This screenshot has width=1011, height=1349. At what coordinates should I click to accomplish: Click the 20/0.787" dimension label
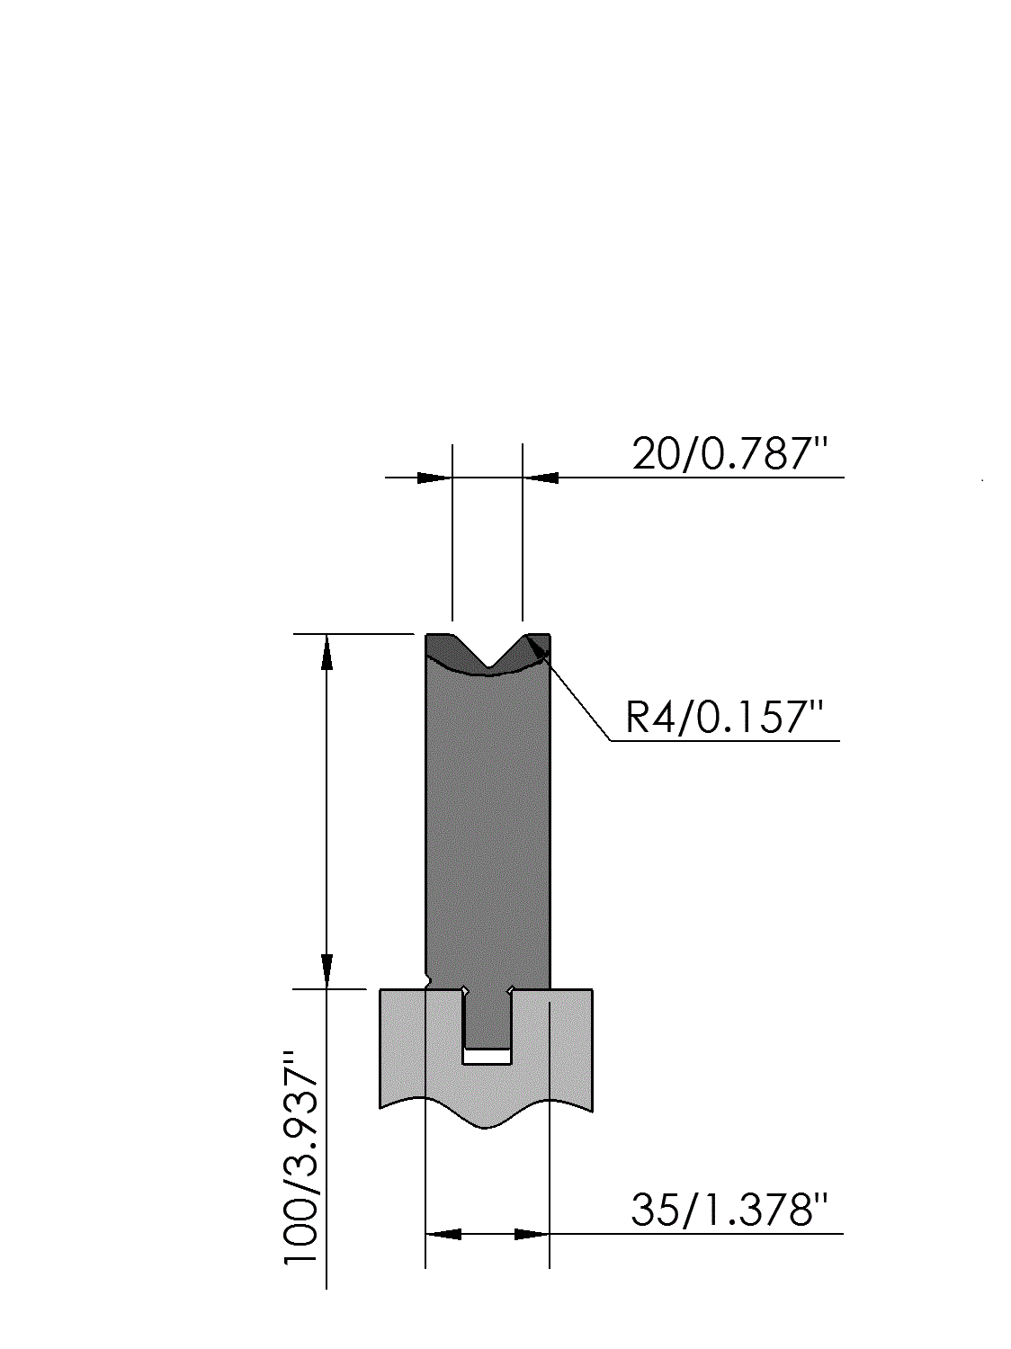click(x=730, y=454)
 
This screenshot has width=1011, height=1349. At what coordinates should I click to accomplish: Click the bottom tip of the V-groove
click(x=488, y=666)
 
